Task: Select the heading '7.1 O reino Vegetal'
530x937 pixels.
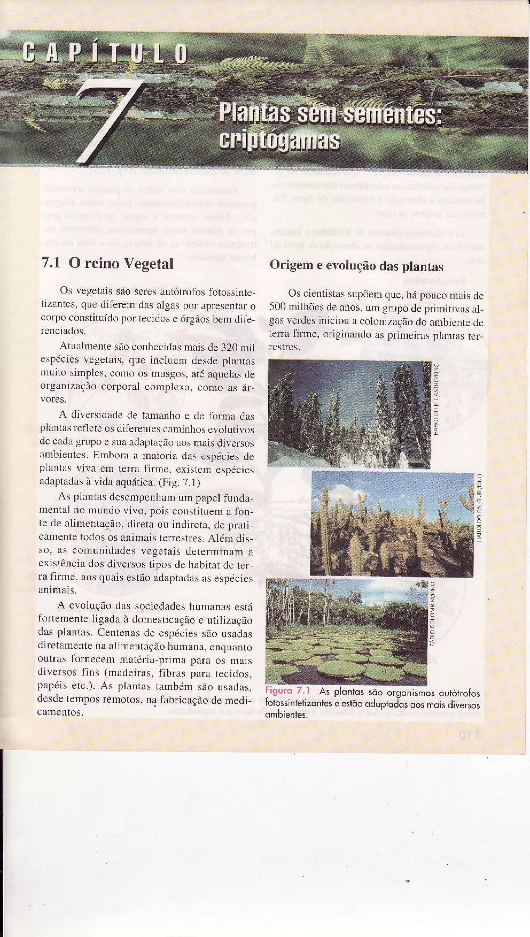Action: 107,263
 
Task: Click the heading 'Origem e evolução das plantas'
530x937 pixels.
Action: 356,266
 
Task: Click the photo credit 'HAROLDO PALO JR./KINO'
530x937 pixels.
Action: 480,507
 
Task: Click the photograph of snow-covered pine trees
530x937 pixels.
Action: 349,414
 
